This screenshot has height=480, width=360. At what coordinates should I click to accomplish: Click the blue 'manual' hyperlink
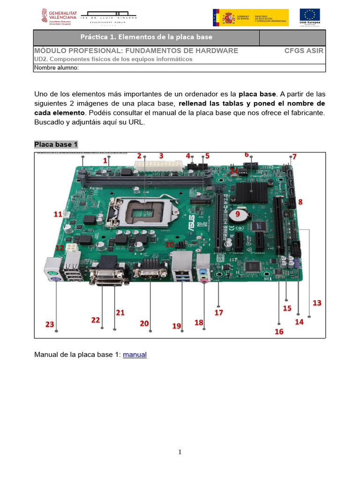[x=135, y=355]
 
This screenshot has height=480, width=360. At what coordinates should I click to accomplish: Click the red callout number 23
[x=50, y=324]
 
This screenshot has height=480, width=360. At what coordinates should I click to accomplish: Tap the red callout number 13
[x=317, y=303]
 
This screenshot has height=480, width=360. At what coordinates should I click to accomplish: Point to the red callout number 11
[x=58, y=214]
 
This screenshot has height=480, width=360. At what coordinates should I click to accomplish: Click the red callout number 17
[x=218, y=312]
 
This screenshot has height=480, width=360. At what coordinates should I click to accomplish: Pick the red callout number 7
[x=294, y=156]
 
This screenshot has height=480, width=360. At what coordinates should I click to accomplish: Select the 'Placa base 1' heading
[x=56, y=144]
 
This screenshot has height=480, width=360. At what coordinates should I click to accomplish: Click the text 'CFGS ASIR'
[x=304, y=51]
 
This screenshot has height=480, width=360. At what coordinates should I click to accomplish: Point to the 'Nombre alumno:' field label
[x=56, y=67]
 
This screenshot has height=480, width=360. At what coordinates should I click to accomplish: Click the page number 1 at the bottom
[x=180, y=452]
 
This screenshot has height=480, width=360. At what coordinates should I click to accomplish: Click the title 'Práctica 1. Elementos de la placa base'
[x=146, y=37]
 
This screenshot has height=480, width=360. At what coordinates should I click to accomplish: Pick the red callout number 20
[x=144, y=323]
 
